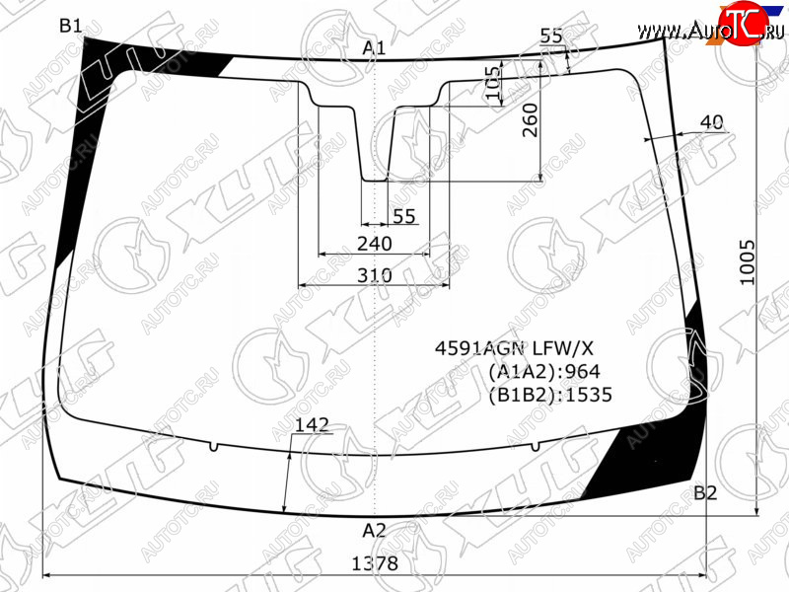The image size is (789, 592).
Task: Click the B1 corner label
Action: click(70, 26)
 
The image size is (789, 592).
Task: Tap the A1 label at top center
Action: click(374, 47)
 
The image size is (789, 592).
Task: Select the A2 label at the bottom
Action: click(374, 530)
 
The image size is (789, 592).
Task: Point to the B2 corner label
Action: click(705, 492)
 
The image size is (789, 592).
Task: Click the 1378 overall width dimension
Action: click(375, 563)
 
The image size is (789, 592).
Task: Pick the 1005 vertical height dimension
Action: click(748, 262)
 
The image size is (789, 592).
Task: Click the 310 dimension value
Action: click(375, 275)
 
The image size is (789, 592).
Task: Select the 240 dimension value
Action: click(375, 244)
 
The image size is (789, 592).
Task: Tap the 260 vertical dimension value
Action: click(530, 120)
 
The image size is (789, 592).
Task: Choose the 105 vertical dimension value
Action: click(495, 82)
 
